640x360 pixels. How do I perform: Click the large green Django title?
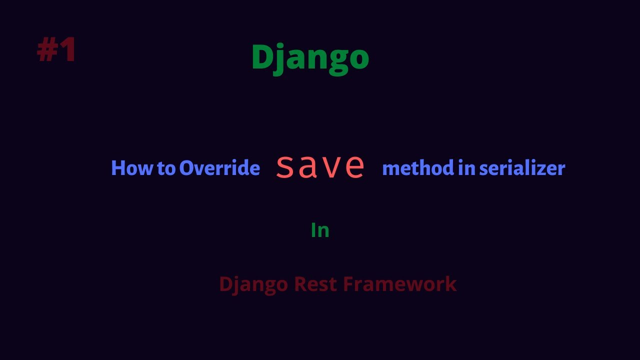(310, 57)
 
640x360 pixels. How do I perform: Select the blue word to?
(166, 168)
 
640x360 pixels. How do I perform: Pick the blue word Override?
(219, 168)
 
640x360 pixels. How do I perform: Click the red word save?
(320, 166)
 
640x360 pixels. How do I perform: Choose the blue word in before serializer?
(466, 168)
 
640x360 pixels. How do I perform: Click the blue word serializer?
(522, 168)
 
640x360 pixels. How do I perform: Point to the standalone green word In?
(320, 230)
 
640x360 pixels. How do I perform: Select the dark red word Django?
(253, 284)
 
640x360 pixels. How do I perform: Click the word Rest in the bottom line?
(315, 284)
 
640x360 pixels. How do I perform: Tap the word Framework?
(399, 284)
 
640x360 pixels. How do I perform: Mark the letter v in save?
(331, 167)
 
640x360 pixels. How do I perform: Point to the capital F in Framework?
(348, 284)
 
